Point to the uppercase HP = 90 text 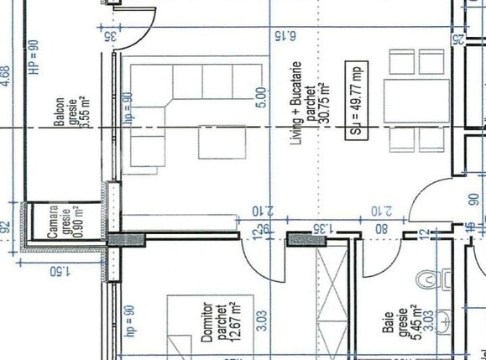coord(34,57)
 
